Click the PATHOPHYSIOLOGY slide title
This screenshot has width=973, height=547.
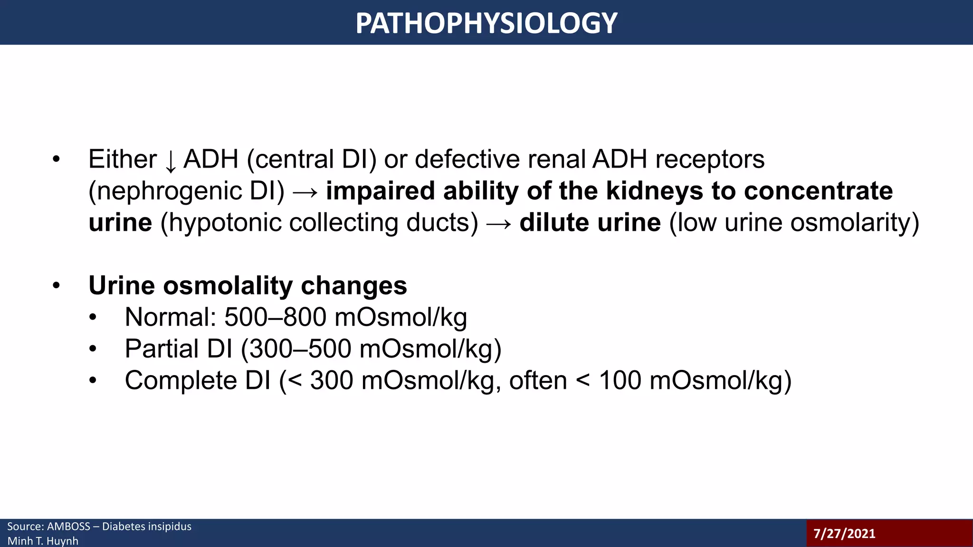(486, 23)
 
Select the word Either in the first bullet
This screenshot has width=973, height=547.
(122, 159)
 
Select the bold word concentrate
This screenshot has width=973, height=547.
(818, 191)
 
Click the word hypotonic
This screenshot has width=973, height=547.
(225, 223)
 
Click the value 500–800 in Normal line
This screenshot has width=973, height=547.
(275, 317)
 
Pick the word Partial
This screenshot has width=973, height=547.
(162, 349)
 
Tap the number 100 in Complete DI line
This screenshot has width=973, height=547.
(620, 381)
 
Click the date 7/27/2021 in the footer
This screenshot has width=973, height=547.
(844, 534)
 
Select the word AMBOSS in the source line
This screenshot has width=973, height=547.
(68, 527)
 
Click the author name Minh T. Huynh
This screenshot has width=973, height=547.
(43, 541)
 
